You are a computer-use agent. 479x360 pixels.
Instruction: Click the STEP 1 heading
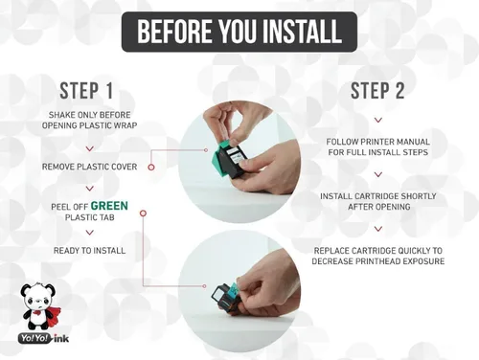point(86,91)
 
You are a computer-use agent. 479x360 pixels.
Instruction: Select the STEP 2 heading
point(377,91)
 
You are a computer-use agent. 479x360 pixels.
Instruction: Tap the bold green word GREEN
point(109,206)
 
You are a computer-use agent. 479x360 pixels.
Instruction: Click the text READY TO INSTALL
point(89,251)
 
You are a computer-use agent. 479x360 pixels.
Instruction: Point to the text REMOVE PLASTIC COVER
point(89,167)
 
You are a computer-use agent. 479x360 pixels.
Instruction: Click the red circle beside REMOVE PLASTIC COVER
point(151,167)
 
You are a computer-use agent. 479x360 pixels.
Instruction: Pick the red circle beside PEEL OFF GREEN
point(143,213)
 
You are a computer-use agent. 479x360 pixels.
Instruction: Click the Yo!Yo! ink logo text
point(43,338)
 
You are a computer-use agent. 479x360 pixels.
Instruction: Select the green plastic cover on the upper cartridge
point(219,157)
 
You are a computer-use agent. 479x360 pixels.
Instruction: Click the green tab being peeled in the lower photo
point(233,290)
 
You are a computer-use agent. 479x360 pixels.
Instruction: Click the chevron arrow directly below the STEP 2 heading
point(378,121)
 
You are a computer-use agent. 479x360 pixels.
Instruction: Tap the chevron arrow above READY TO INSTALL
point(90,233)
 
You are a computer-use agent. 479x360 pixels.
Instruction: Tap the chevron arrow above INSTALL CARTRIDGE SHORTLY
point(378,174)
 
